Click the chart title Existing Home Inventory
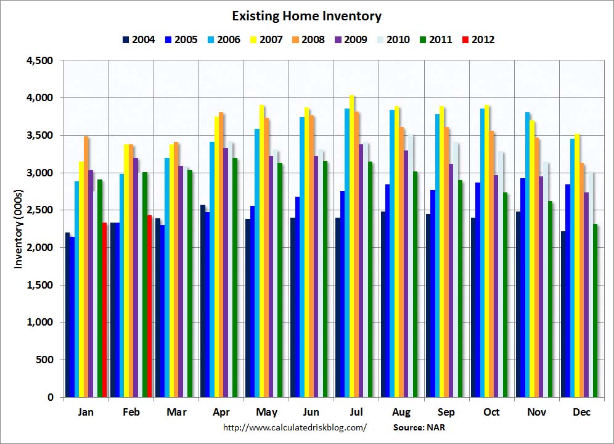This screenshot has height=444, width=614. click(306, 16)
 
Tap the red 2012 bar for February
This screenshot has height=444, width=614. click(149, 306)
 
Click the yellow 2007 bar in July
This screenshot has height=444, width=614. click(352, 246)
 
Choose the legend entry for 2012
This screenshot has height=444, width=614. click(478, 39)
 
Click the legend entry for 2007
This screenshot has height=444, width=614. click(266, 39)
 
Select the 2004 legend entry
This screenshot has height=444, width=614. click(139, 39)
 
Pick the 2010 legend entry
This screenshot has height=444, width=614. click(393, 39)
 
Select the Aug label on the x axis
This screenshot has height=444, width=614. click(401, 412)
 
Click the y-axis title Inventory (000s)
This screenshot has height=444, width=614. click(18, 229)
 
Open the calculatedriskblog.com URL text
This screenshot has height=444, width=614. click(295, 427)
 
